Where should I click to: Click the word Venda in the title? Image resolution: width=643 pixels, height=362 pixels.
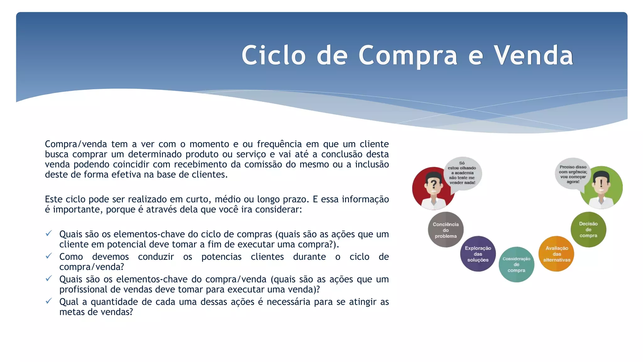click(x=533, y=55)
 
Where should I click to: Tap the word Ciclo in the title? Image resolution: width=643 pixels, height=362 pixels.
click(x=273, y=55)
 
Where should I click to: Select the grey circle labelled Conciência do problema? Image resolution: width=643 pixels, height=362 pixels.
click(x=446, y=230)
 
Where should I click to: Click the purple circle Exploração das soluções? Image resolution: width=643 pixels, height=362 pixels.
click(x=478, y=254)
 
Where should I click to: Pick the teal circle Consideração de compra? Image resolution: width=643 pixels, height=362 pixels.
click(x=516, y=264)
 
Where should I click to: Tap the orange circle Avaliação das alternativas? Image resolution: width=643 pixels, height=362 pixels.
click(x=556, y=254)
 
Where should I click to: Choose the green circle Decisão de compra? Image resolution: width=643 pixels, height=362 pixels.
click(x=588, y=229)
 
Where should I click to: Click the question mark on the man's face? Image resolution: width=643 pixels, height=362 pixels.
click(x=434, y=184)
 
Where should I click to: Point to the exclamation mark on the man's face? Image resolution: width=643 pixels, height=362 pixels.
click(x=601, y=183)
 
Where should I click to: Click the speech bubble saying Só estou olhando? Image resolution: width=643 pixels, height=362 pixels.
click(x=462, y=173)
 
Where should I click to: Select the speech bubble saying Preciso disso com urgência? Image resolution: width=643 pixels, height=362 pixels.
click(x=573, y=174)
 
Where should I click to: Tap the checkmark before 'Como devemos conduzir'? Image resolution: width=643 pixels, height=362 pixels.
click(x=49, y=256)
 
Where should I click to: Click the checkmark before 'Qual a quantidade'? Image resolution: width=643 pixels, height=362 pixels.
click(x=49, y=301)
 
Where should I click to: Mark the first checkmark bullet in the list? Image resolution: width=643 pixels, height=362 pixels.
click(x=49, y=233)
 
